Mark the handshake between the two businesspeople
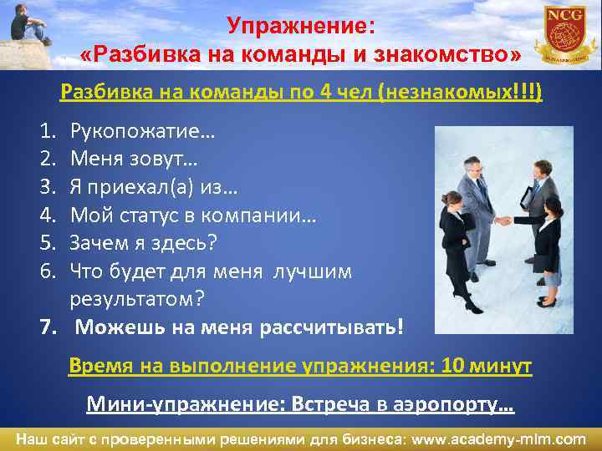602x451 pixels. coord(503,220)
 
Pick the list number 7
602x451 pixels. coord(48,326)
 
